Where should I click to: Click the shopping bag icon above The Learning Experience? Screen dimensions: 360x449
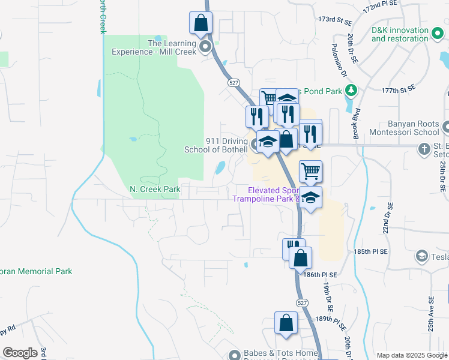coord(201,23)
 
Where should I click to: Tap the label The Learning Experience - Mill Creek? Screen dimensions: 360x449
coord(155,47)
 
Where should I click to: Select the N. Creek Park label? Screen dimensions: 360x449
coord(155,189)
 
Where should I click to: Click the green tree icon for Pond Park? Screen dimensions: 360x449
coord(351,91)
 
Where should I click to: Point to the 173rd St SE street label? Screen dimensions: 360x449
coord(334,20)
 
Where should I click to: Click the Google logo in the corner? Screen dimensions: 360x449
coord(20,353)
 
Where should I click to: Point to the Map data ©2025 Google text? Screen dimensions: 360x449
coord(411,355)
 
